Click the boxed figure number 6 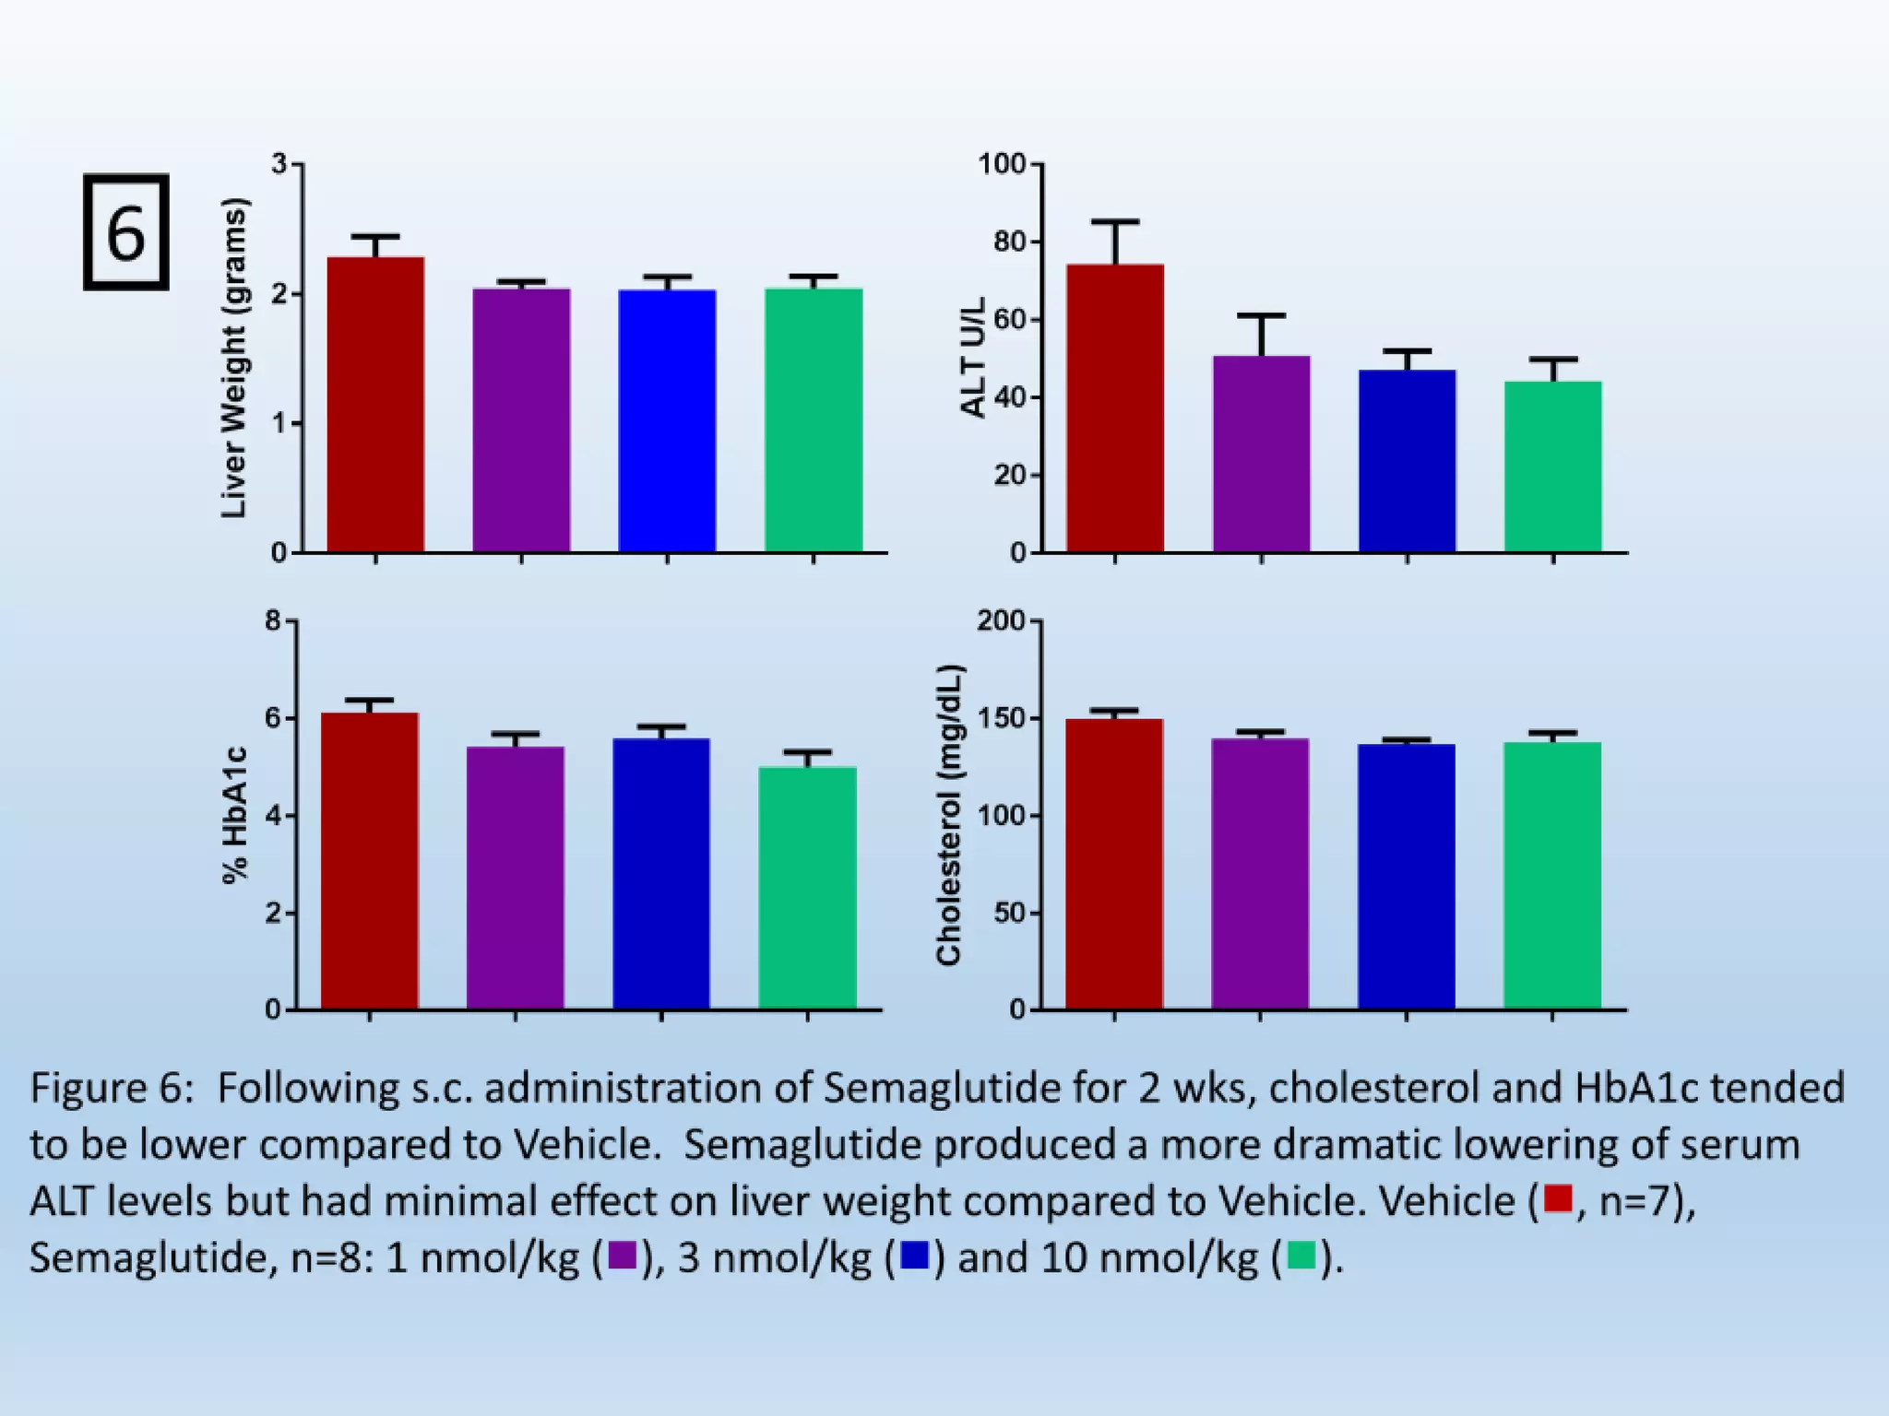point(125,232)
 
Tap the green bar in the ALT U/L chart point(1552,466)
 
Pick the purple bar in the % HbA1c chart point(515,877)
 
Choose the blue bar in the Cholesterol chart point(1406,876)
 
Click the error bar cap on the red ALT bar point(1115,222)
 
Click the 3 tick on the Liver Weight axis point(279,164)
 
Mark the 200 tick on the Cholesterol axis point(1002,621)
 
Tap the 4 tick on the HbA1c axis point(273,816)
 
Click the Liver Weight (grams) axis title point(234,358)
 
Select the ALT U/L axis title point(973,357)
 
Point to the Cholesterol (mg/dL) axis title point(949,814)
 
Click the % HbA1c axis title point(236,816)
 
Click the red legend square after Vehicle point(1557,1198)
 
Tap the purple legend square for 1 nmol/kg point(623,1256)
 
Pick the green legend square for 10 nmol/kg point(1301,1256)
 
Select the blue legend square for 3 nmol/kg point(914,1256)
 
